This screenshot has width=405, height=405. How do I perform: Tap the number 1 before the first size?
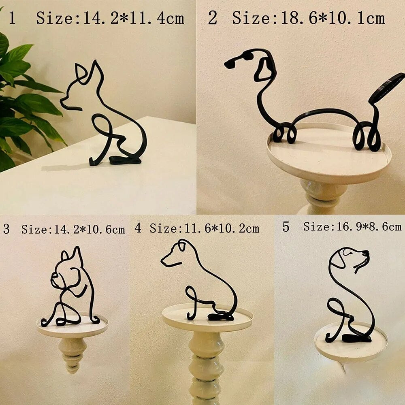pos(13,19)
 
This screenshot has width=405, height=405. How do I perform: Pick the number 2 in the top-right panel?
pos(212,19)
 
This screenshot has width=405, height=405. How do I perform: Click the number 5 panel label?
pos(286,227)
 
